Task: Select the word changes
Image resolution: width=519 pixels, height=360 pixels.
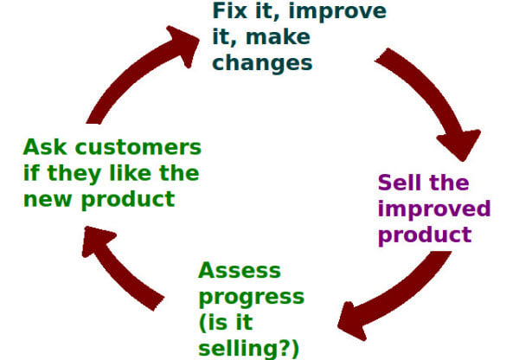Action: coord(262,63)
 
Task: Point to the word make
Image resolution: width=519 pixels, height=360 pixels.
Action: coord(278,36)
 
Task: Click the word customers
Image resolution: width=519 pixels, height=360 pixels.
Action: coord(138,148)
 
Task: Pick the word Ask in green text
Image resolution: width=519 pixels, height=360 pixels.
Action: coord(45,147)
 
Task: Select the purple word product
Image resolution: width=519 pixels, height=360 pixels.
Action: coord(425,235)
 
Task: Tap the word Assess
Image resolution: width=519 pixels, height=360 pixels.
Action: coord(240,270)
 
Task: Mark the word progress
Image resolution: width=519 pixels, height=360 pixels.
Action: coord(252,298)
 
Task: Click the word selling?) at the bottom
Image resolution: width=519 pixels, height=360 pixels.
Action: coord(249,349)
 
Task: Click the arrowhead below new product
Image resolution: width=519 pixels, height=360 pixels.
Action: coord(97,240)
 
